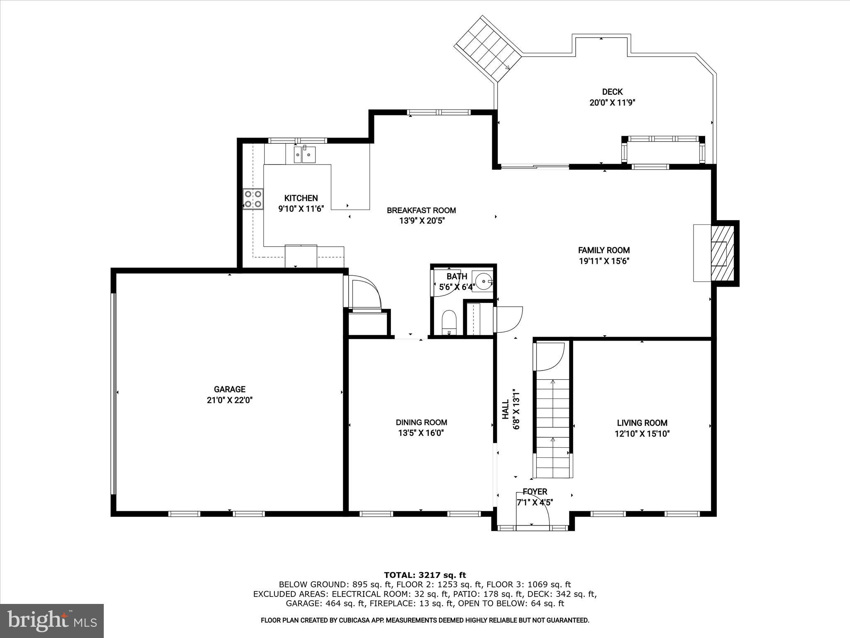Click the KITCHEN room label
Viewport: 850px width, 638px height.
click(x=301, y=198)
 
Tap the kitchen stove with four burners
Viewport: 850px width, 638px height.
click(x=253, y=199)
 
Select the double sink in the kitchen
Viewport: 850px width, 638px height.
click(x=305, y=155)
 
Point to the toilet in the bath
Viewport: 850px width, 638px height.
click(x=449, y=322)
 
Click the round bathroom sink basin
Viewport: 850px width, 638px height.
click(x=484, y=281)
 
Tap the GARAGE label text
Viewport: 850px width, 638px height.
click(x=230, y=389)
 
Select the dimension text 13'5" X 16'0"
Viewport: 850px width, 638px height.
click(x=421, y=433)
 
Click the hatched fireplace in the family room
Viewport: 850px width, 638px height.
click(x=719, y=253)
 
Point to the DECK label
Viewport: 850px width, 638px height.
click(x=612, y=92)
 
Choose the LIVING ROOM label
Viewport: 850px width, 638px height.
click(x=642, y=423)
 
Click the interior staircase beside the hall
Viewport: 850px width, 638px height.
click(x=553, y=428)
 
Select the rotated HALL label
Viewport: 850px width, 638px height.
click(x=506, y=409)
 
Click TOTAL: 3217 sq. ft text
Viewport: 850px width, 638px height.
click(x=425, y=575)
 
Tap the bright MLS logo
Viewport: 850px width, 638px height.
click(x=52, y=621)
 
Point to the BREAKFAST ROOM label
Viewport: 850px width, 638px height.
click(x=421, y=210)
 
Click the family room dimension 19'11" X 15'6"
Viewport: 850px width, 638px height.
click(x=604, y=261)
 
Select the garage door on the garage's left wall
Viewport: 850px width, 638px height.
click(x=113, y=393)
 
